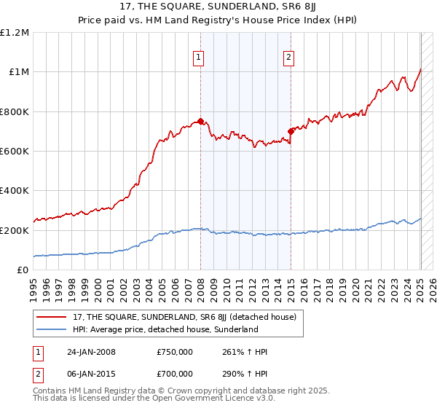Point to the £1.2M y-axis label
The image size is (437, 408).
click(15, 33)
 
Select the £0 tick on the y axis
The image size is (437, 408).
click(23, 270)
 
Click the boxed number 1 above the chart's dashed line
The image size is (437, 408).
click(199, 58)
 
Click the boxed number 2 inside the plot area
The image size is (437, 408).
click(288, 58)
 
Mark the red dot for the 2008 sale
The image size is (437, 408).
click(200, 122)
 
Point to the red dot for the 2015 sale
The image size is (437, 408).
click(291, 131)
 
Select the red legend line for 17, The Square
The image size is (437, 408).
click(52, 317)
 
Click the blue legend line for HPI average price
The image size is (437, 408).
click(52, 329)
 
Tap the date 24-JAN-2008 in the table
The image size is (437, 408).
click(91, 352)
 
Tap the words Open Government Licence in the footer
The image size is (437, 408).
click(194, 398)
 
